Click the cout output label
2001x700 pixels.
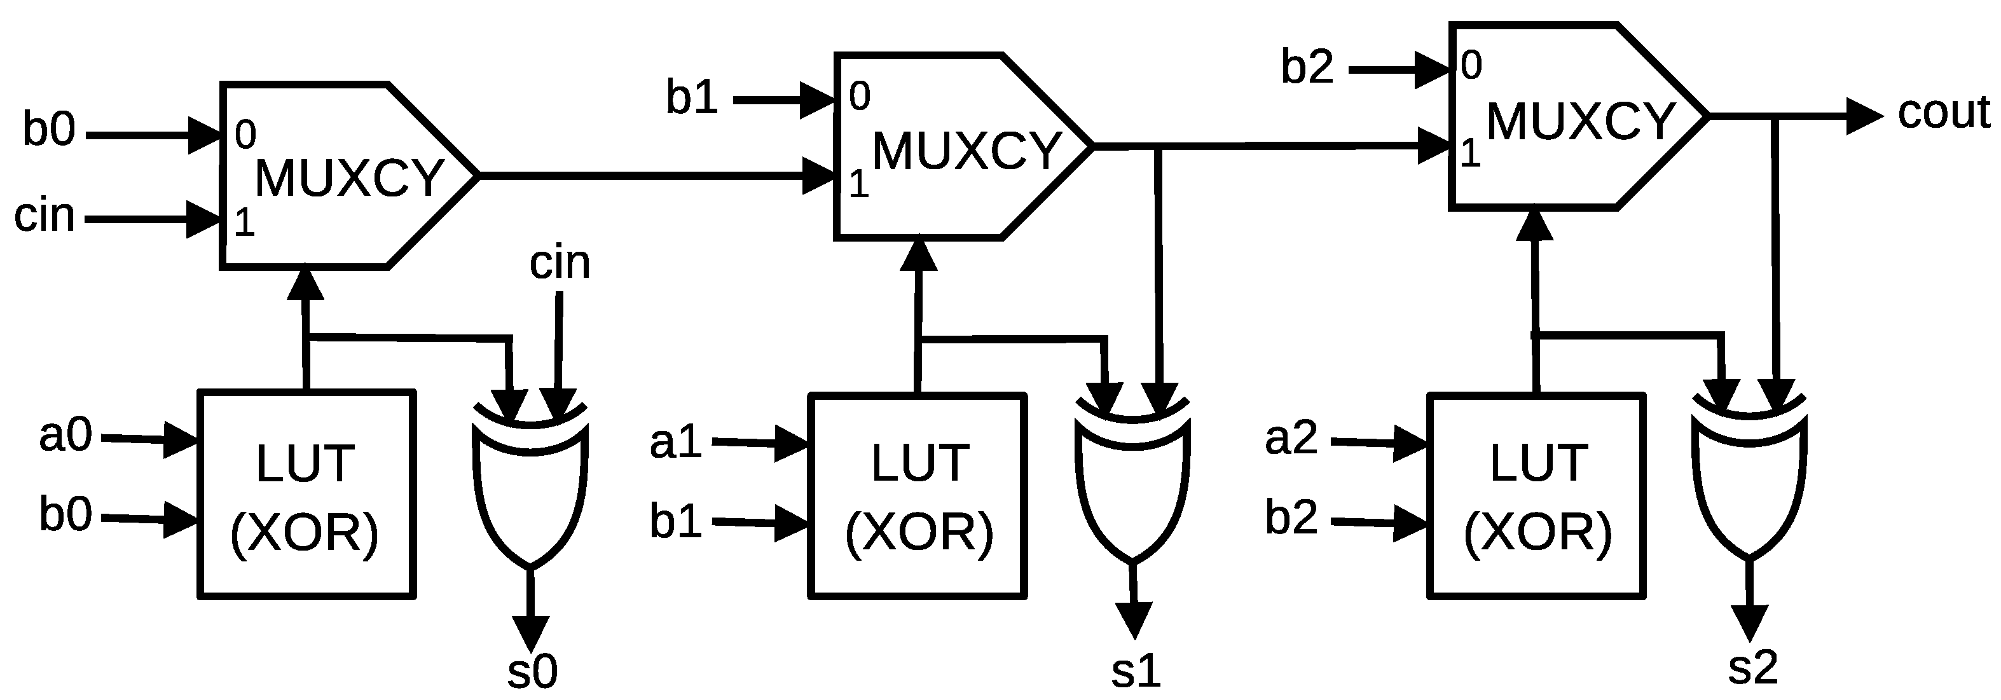1944,113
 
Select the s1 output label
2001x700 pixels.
1136,671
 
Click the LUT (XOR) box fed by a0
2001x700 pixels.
307,495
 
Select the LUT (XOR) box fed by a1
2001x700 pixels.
918,496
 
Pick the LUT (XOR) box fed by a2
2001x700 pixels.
1536,496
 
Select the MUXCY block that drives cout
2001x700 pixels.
1569,116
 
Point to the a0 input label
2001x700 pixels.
65,434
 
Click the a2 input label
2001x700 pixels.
1291,438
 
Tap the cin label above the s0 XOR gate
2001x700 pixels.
560,263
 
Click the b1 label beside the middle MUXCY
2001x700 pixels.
691,99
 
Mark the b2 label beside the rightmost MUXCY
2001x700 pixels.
1307,67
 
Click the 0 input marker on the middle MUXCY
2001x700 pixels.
859,97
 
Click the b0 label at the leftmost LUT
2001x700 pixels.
65,514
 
